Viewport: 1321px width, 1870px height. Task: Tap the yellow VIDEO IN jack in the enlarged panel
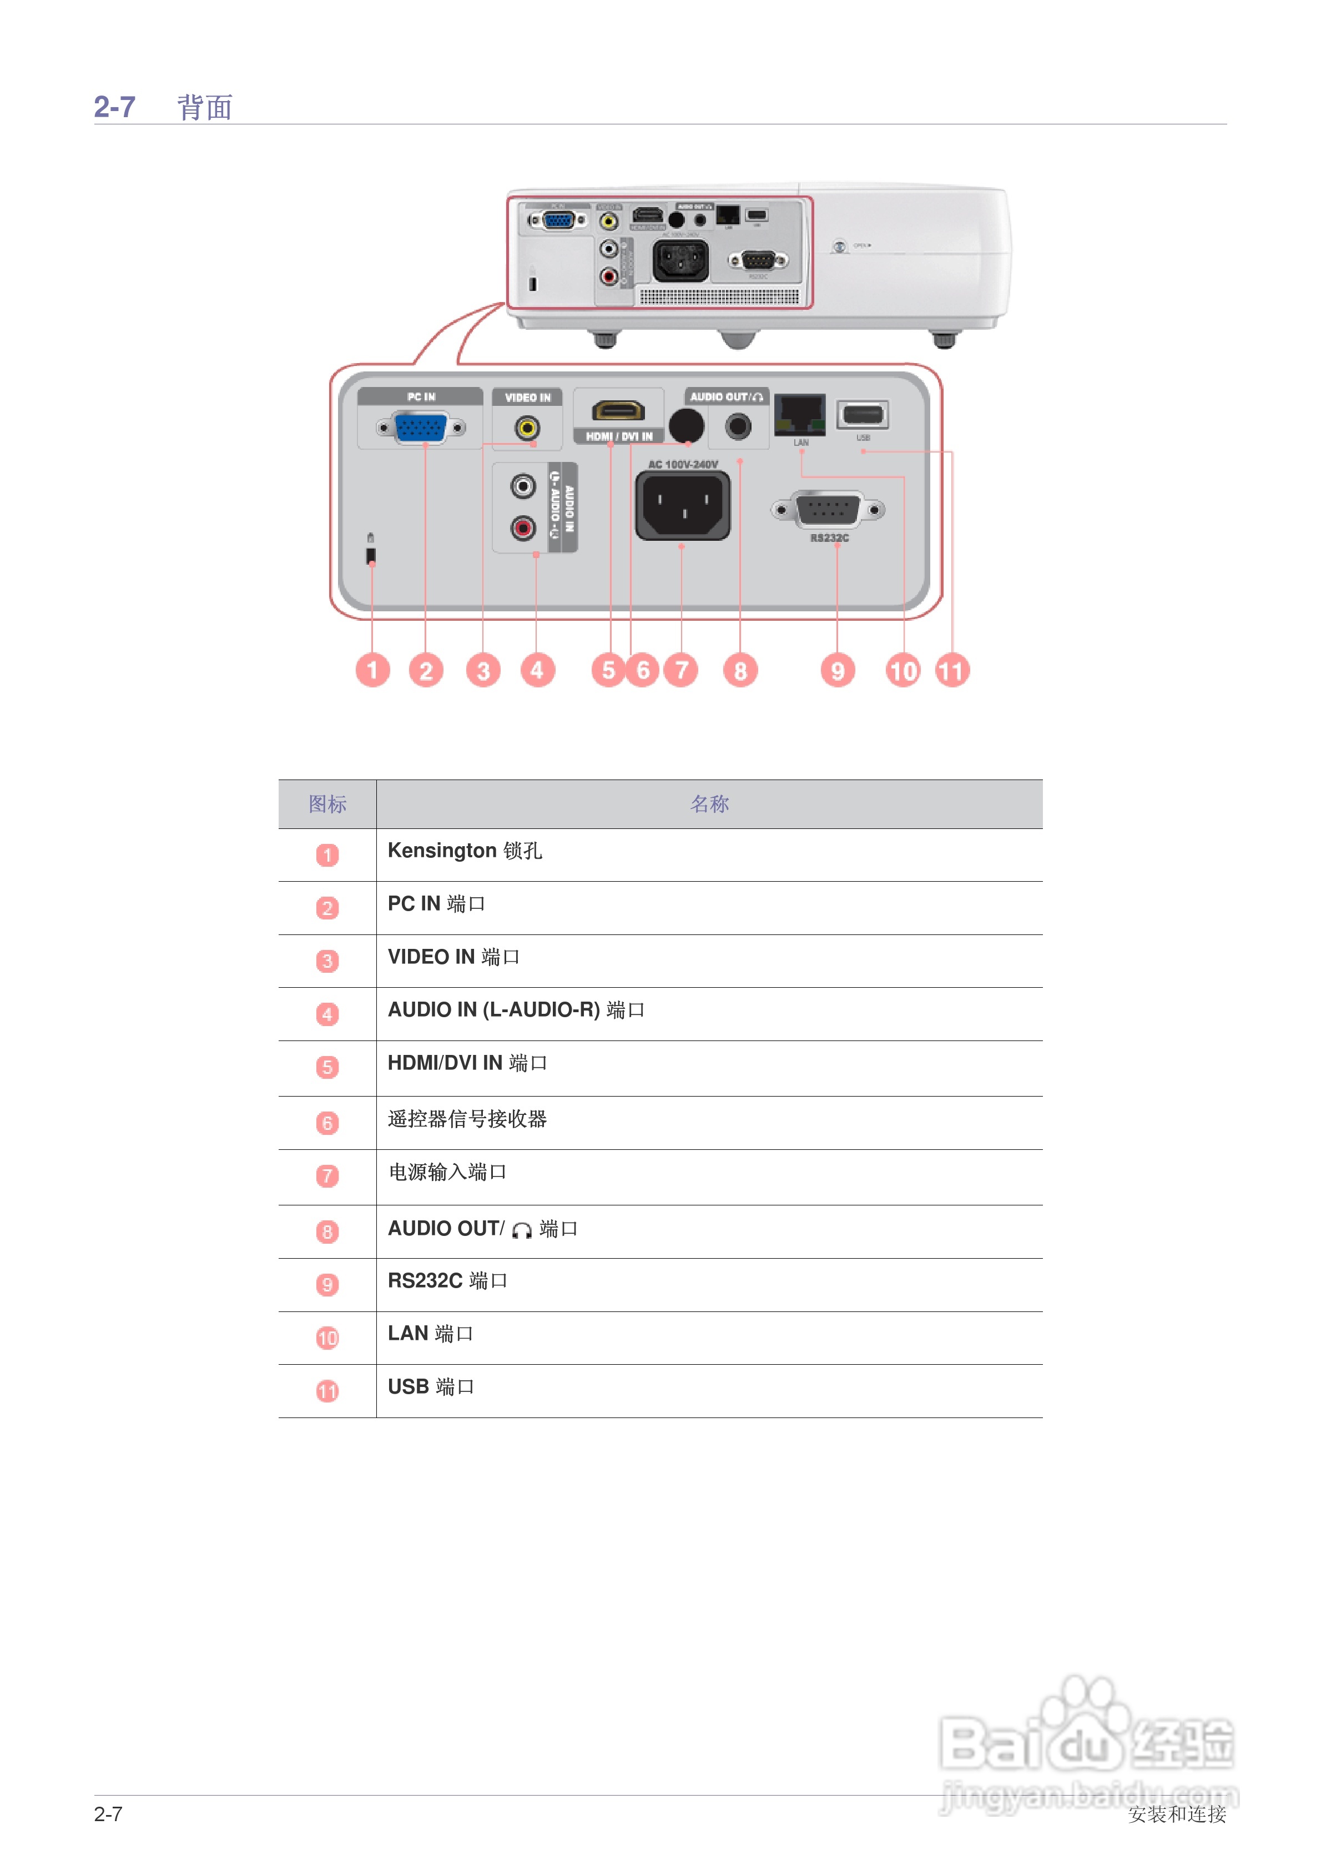527,428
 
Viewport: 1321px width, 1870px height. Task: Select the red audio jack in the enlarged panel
523,529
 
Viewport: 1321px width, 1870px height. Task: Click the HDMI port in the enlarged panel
618,411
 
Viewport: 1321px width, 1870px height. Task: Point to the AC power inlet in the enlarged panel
683,506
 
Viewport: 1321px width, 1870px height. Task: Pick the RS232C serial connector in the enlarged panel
828,510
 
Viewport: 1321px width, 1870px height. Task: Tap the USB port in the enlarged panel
863,415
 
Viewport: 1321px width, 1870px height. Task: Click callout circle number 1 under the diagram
372,670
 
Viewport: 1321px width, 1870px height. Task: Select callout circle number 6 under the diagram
643,670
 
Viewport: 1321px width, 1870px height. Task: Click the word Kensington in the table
441,850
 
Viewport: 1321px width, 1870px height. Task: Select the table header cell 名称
709,804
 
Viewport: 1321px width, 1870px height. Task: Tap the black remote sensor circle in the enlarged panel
685,424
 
